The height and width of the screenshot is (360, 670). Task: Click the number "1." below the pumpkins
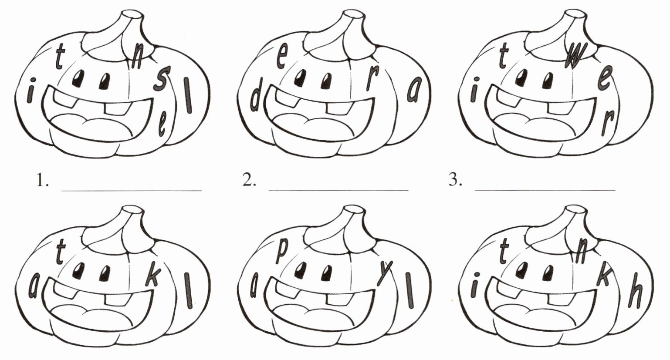point(42,180)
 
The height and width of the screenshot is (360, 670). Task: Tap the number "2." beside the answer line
point(249,180)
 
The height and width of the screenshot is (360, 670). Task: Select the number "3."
point(456,180)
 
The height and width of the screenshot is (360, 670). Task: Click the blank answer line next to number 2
point(338,189)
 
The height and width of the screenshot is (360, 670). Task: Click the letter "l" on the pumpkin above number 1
point(188,95)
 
